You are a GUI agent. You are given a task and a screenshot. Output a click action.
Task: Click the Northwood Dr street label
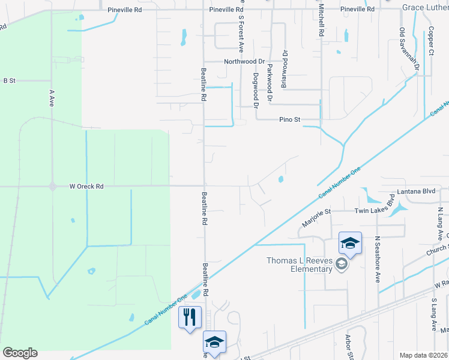tap(244, 62)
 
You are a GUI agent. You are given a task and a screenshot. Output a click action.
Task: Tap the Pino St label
tap(289, 119)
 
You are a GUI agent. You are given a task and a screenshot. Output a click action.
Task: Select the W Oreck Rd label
tap(86, 187)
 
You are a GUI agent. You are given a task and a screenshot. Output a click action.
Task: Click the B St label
tap(8, 80)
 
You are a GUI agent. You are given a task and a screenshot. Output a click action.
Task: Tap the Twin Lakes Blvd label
tap(375, 208)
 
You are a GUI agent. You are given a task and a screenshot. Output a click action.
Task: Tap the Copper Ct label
tap(431, 40)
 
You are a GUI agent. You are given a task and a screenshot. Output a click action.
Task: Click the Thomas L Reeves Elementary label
tap(300, 265)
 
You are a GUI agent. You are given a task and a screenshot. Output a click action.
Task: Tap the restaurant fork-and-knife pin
tap(190, 316)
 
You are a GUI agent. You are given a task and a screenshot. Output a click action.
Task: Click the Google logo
tap(20, 353)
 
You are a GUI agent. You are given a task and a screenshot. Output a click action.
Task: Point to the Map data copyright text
tap(423, 355)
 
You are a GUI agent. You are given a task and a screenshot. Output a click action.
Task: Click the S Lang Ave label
tap(433, 314)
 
